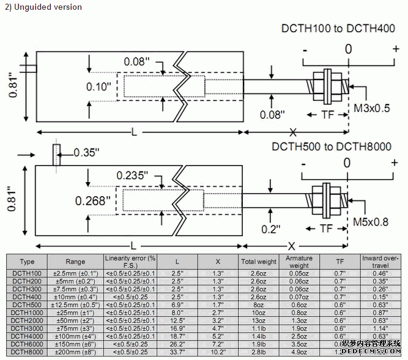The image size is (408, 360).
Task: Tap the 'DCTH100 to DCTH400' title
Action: (x=338, y=29)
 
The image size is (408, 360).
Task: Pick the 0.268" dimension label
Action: (x=93, y=200)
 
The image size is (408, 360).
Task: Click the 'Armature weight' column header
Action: (x=299, y=262)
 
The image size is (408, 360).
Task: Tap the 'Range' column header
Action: (x=76, y=262)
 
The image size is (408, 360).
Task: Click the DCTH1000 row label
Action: (x=27, y=312)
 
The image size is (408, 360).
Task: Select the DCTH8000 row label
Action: (x=27, y=352)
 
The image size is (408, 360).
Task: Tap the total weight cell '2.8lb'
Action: (x=259, y=352)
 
